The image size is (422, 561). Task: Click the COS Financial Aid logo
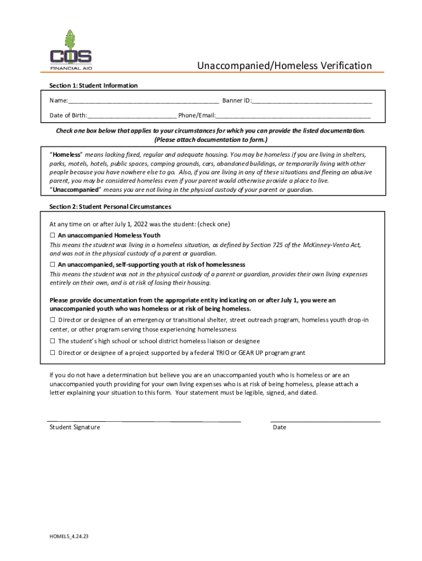(71, 53)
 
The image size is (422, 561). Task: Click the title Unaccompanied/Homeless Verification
(284, 66)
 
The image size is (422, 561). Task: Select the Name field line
(144, 101)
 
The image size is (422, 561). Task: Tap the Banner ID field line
(312, 101)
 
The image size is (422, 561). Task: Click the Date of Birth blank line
(132, 116)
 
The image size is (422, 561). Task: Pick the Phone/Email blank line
(293, 116)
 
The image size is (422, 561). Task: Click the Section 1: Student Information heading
(93, 85)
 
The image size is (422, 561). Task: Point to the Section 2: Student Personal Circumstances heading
(110, 207)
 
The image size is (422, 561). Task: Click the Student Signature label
(75, 427)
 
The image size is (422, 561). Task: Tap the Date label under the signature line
(280, 427)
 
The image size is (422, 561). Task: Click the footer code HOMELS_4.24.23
(69, 536)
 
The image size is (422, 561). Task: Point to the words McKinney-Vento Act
(331, 244)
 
